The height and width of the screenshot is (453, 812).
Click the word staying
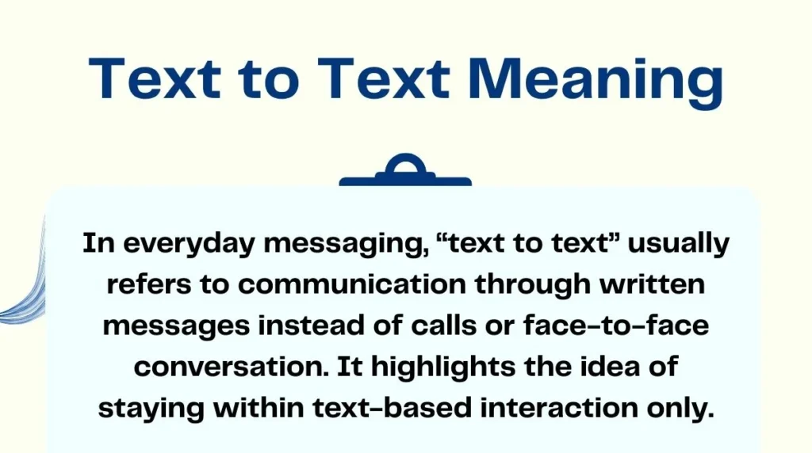pos(156,409)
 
